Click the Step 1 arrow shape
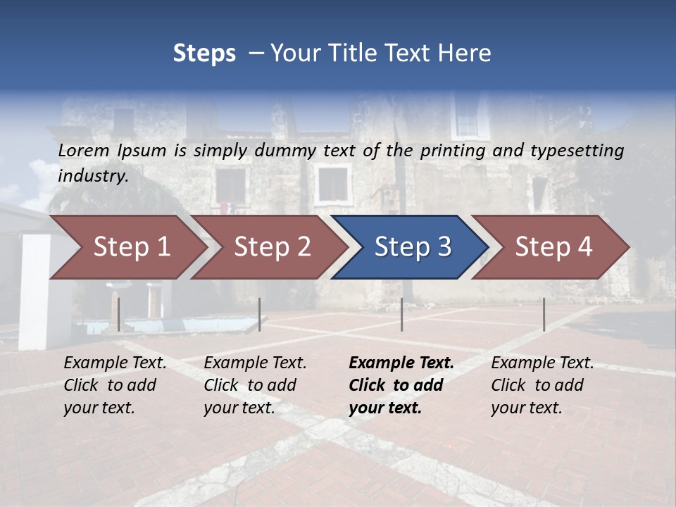click(130, 247)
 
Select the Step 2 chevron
click(271, 247)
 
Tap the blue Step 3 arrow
click(412, 247)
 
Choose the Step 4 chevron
click(553, 247)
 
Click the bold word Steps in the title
click(204, 54)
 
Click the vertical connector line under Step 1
click(119, 314)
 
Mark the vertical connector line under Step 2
click(260, 314)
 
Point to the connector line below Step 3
click(401, 314)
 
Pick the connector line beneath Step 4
click(544, 314)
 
